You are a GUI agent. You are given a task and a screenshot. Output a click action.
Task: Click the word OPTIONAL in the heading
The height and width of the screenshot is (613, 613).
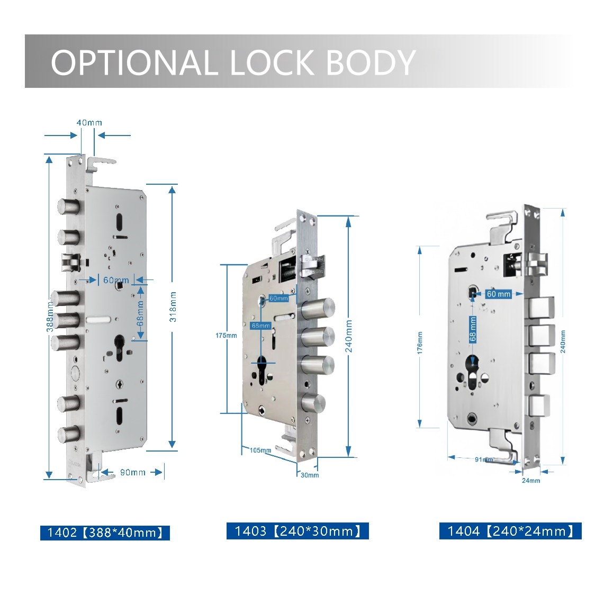pos(134,62)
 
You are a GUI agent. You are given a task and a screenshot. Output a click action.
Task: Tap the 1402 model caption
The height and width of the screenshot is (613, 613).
pos(105,533)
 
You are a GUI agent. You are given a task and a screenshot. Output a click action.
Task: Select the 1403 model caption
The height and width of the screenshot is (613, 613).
pos(298,531)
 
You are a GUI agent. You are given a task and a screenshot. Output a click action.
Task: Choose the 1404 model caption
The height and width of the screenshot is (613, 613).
pos(510,531)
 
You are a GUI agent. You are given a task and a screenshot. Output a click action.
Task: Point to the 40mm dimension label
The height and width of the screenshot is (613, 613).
pos(89,123)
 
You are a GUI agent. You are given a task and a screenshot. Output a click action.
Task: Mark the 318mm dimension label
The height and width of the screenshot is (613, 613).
pos(173,307)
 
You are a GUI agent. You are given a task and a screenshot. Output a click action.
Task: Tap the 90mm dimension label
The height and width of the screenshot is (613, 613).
pos(132,472)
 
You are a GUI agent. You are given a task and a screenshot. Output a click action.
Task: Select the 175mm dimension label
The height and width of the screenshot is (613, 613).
pos(226,336)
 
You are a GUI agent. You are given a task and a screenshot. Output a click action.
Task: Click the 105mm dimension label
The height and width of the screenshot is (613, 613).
pos(260,450)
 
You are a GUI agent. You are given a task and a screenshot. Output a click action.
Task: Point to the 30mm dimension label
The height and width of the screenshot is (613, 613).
pos(310,475)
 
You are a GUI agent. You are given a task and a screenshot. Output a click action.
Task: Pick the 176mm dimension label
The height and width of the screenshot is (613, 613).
pos(420,342)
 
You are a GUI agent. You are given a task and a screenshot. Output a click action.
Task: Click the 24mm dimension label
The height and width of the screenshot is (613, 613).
pos(531,480)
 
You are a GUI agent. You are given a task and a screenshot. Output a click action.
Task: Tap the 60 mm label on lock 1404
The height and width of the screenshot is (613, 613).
pos(498,294)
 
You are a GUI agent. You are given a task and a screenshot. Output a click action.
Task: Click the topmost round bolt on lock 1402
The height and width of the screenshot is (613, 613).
pos(69,206)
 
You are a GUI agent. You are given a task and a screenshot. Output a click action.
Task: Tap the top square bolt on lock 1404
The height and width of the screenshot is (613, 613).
pos(539,306)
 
